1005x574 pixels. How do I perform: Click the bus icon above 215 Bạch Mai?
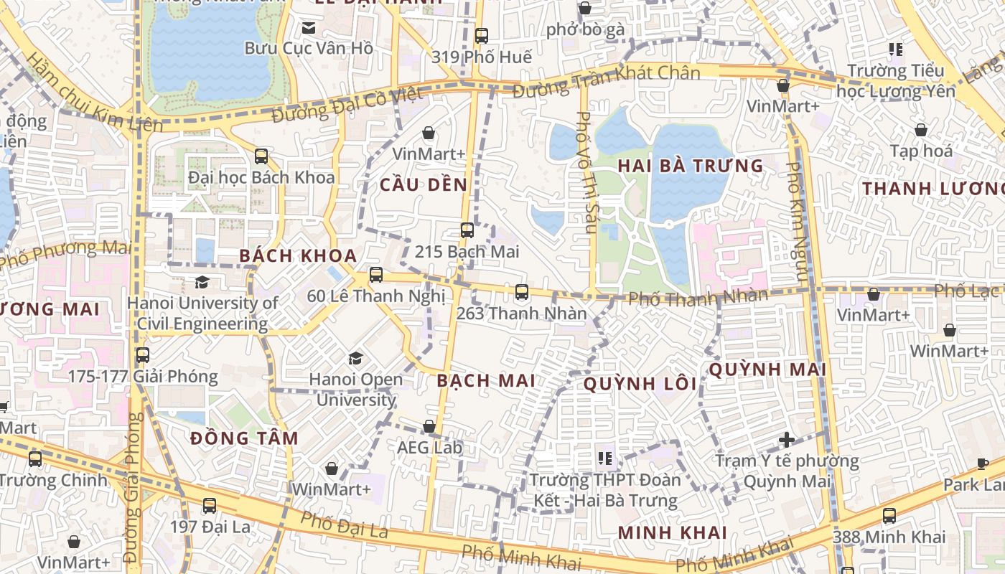tap(467, 230)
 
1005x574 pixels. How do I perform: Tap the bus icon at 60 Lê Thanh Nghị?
tap(375, 275)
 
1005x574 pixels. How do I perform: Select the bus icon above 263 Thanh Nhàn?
tap(522, 292)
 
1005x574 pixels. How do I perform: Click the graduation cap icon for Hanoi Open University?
tap(355, 357)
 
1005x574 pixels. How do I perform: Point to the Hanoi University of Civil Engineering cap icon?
tap(202, 282)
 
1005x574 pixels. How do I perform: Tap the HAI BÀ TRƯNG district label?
tap(691, 166)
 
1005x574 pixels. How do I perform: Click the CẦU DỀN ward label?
tap(424, 184)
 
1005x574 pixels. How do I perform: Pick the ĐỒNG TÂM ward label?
tap(245, 438)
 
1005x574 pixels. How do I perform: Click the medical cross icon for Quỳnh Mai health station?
tap(787, 439)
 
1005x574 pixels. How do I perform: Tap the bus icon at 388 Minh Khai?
tap(889, 515)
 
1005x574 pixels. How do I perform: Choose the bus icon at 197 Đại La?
tap(210, 505)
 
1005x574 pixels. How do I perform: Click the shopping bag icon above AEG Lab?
tap(429, 427)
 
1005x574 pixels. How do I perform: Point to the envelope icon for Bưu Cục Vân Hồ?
tap(309, 28)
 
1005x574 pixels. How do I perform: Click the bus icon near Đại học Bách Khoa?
tap(261, 156)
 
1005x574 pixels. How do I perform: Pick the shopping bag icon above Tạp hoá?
tap(921, 130)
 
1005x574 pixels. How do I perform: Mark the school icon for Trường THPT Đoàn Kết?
tap(605, 457)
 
